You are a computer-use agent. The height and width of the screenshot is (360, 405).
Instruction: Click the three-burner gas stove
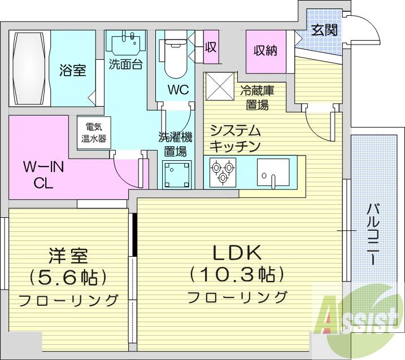click(x=223, y=172)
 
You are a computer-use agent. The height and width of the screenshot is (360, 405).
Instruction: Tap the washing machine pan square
click(x=177, y=174)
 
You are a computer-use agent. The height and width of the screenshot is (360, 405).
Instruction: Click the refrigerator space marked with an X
click(x=220, y=86)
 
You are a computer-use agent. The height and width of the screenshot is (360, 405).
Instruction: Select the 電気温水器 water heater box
click(x=94, y=133)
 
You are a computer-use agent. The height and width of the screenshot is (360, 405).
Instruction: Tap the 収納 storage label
click(x=265, y=50)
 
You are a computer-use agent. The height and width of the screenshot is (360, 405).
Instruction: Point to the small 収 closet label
click(x=211, y=47)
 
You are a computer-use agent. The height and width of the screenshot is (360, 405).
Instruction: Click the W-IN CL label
click(x=43, y=175)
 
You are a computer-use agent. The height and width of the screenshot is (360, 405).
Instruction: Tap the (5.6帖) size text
click(x=68, y=276)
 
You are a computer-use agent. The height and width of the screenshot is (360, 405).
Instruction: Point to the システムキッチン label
click(x=234, y=138)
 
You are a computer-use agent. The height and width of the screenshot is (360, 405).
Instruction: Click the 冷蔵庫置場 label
click(x=257, y=98)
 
